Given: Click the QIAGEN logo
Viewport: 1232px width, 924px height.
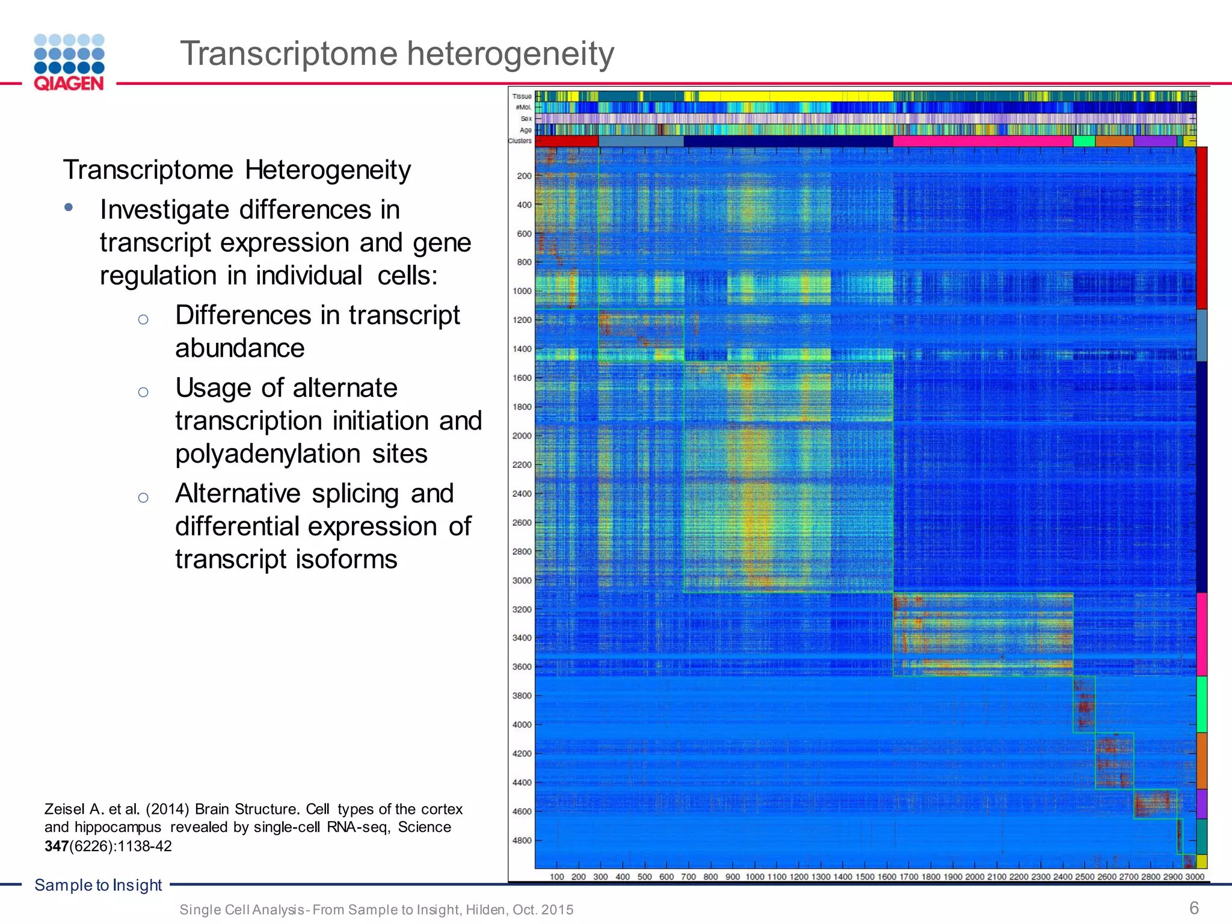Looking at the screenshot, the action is [69, 63].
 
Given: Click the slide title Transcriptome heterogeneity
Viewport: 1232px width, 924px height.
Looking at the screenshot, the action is [397, 54].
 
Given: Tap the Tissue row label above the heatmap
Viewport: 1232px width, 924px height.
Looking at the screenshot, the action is [522, 96].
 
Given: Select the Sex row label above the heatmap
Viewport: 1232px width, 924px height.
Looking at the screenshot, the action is [526, 119].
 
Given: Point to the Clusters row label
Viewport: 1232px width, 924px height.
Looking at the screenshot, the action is [520, 141].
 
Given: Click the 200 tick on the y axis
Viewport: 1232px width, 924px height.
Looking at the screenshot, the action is [524, 176].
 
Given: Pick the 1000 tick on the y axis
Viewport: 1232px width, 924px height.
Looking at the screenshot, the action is [522, 291].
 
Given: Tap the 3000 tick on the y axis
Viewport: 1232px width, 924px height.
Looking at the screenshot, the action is [522, 581].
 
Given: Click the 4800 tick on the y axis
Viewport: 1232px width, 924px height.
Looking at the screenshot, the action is [522, 840].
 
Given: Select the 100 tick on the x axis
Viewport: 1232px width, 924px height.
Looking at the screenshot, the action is [557, 876].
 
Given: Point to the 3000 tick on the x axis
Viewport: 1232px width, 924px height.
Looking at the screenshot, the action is [1195, 876].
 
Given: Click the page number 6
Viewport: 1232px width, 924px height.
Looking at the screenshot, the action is [1194, 907].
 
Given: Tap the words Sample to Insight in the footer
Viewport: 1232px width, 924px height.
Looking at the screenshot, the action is [98, 885].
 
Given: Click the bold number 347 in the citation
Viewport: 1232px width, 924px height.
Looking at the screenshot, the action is [57, 846].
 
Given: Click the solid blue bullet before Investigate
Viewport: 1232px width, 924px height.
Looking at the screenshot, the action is [69, 208].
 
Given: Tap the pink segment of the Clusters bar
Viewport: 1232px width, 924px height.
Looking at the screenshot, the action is [982, 141].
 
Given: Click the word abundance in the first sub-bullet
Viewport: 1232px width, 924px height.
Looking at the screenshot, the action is [240, 348].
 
